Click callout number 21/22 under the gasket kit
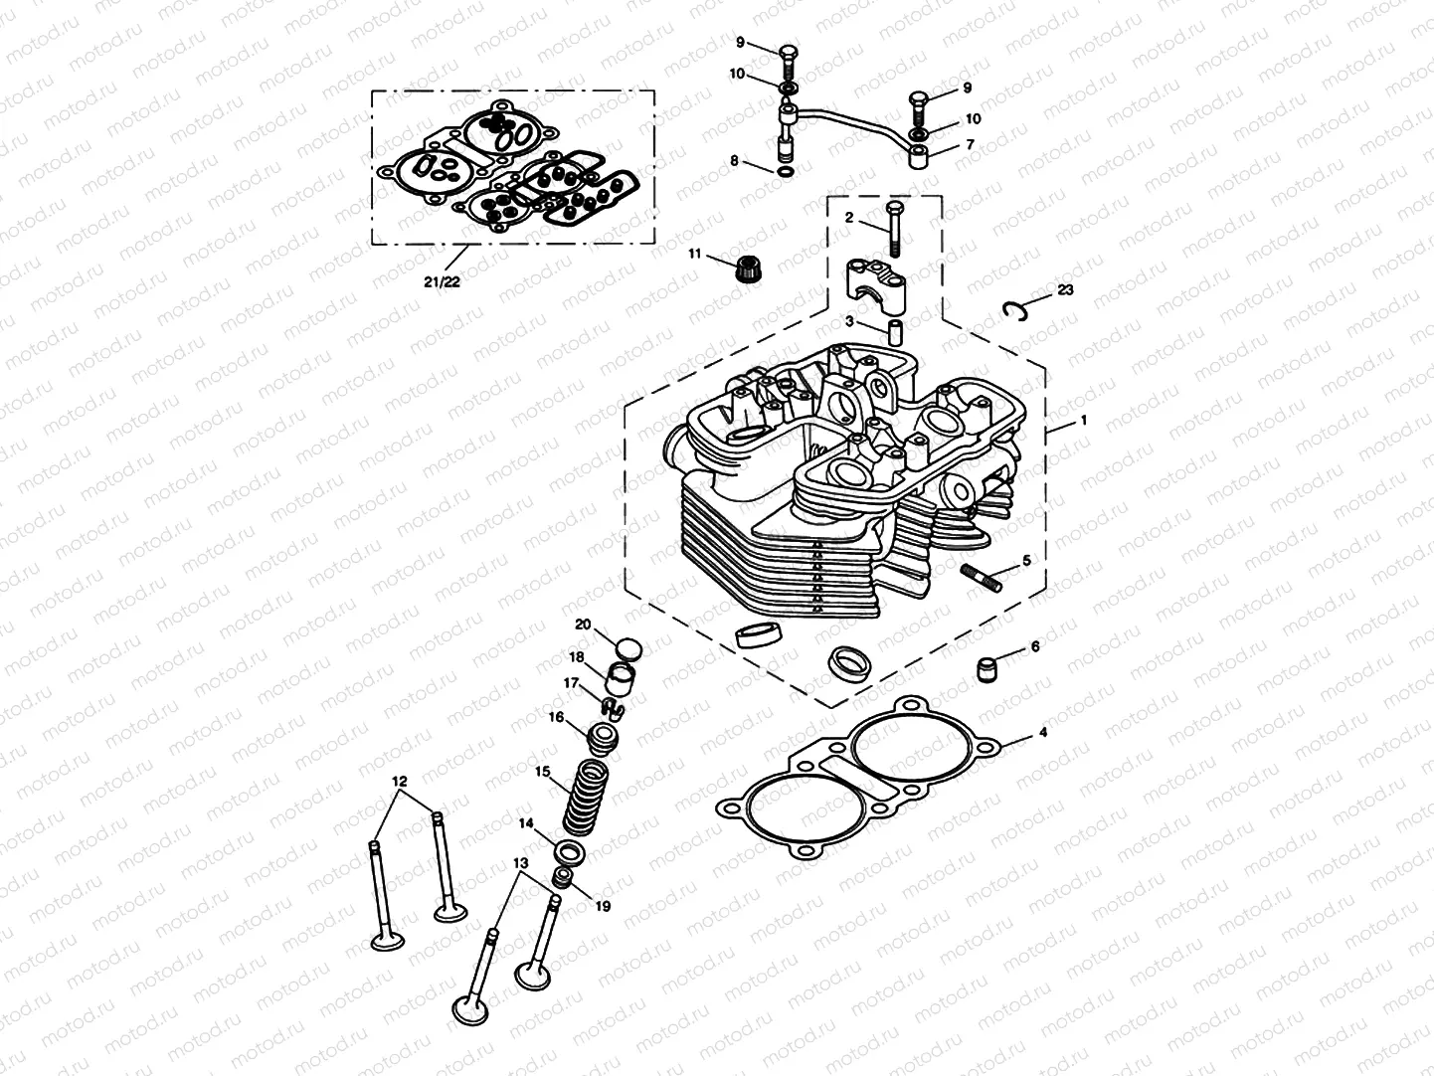(440, 281)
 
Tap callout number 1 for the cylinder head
(1083, 421)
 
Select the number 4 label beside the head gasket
(1042, 733)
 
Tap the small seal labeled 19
(563, 876)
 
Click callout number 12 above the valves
(400, 782)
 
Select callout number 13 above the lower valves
(518, 863)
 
